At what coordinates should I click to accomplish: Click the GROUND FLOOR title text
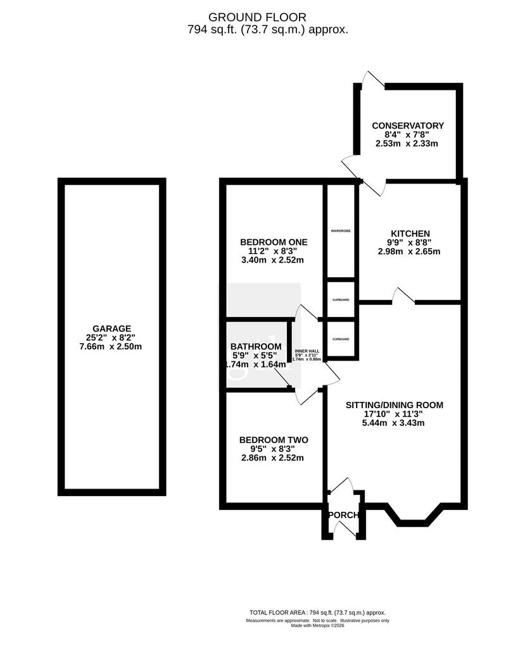[257, 17]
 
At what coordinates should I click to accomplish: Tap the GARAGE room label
[111, 328]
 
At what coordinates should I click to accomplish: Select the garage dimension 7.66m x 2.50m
[110, 346]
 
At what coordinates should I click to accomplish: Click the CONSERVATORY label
[407, 126]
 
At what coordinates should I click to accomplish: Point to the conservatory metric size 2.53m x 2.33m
[407, 144]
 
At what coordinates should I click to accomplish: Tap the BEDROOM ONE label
[274, 242]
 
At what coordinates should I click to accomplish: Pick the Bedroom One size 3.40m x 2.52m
[273, 260]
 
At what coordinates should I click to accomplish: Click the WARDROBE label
[341, 230]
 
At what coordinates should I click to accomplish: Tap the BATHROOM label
[256, 346]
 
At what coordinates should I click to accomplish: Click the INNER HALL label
[307, 351]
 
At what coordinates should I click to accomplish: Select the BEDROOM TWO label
[274, 440]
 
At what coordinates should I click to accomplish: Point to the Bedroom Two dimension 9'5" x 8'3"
[272, 449]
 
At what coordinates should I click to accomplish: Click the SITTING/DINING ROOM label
[395, 405]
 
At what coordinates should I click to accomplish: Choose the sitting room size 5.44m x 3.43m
[394, 423]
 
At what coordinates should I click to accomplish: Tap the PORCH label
[343, 515]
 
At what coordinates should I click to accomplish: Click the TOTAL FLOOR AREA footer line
[317, 613]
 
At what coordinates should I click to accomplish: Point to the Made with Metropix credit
[317, 625]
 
